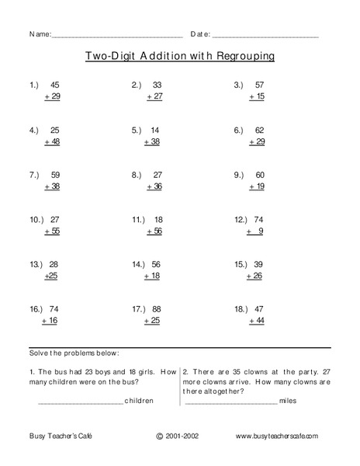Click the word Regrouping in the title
[x=241, y=57]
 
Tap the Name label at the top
[x=40, y=35]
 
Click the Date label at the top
[x=199, y=35]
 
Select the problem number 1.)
[x=34, y=85]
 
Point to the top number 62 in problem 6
[x=260, y=130]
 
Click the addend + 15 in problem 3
[x=255, y=96]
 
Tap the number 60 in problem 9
[x=260, y=176]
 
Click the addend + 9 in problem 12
[x=256, y=231]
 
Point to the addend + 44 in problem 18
[x=255, y=321]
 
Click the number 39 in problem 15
[x=258, y=265]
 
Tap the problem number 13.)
[x=36, y=265]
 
